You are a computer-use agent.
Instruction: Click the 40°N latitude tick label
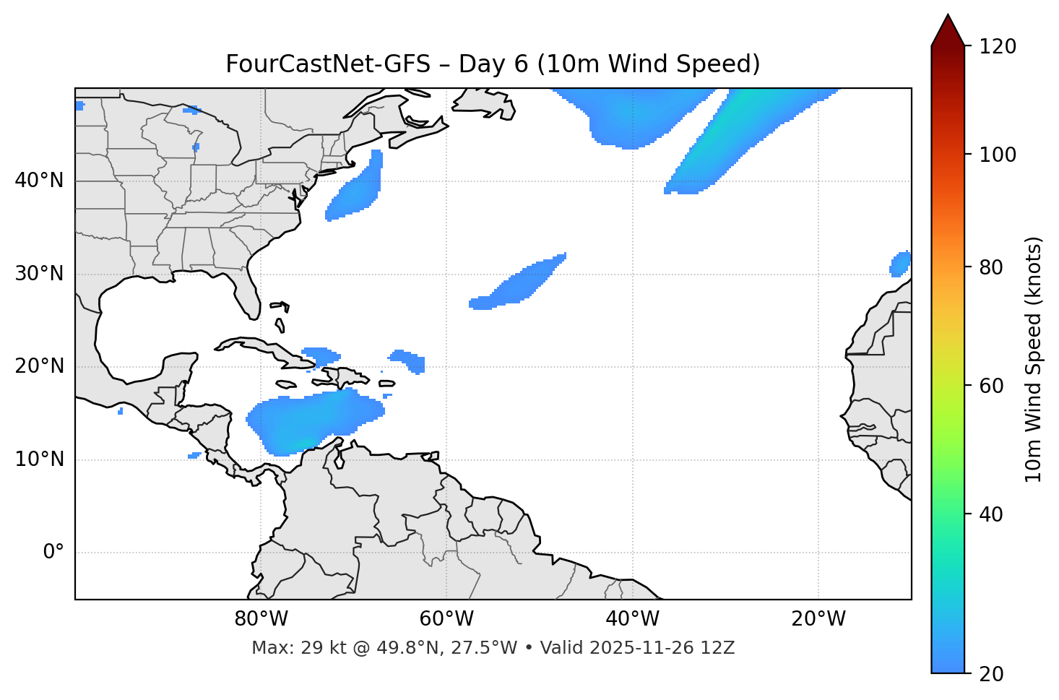tap(39, 181)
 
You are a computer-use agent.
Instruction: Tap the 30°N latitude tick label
tap(39, 274)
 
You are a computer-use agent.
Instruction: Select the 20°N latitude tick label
tap(39, 366)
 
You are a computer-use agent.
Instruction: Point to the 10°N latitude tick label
tap(39, 459)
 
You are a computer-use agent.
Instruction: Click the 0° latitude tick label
tap(53, 553)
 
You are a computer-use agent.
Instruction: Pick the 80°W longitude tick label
tap(261, 619)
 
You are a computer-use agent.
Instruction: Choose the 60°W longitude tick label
tap(446, 619)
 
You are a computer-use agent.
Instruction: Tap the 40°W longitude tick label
tap(632, 619)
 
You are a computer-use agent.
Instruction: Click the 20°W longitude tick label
tap(818, 619)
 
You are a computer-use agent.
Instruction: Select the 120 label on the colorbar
tap(998, 47)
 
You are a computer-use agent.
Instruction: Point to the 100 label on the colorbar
tap(998, 155)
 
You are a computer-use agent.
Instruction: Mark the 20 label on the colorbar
tap(992, 674)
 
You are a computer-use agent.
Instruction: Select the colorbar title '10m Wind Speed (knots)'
tap(1034, 359)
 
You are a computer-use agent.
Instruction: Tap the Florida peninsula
tap(247, 293)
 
